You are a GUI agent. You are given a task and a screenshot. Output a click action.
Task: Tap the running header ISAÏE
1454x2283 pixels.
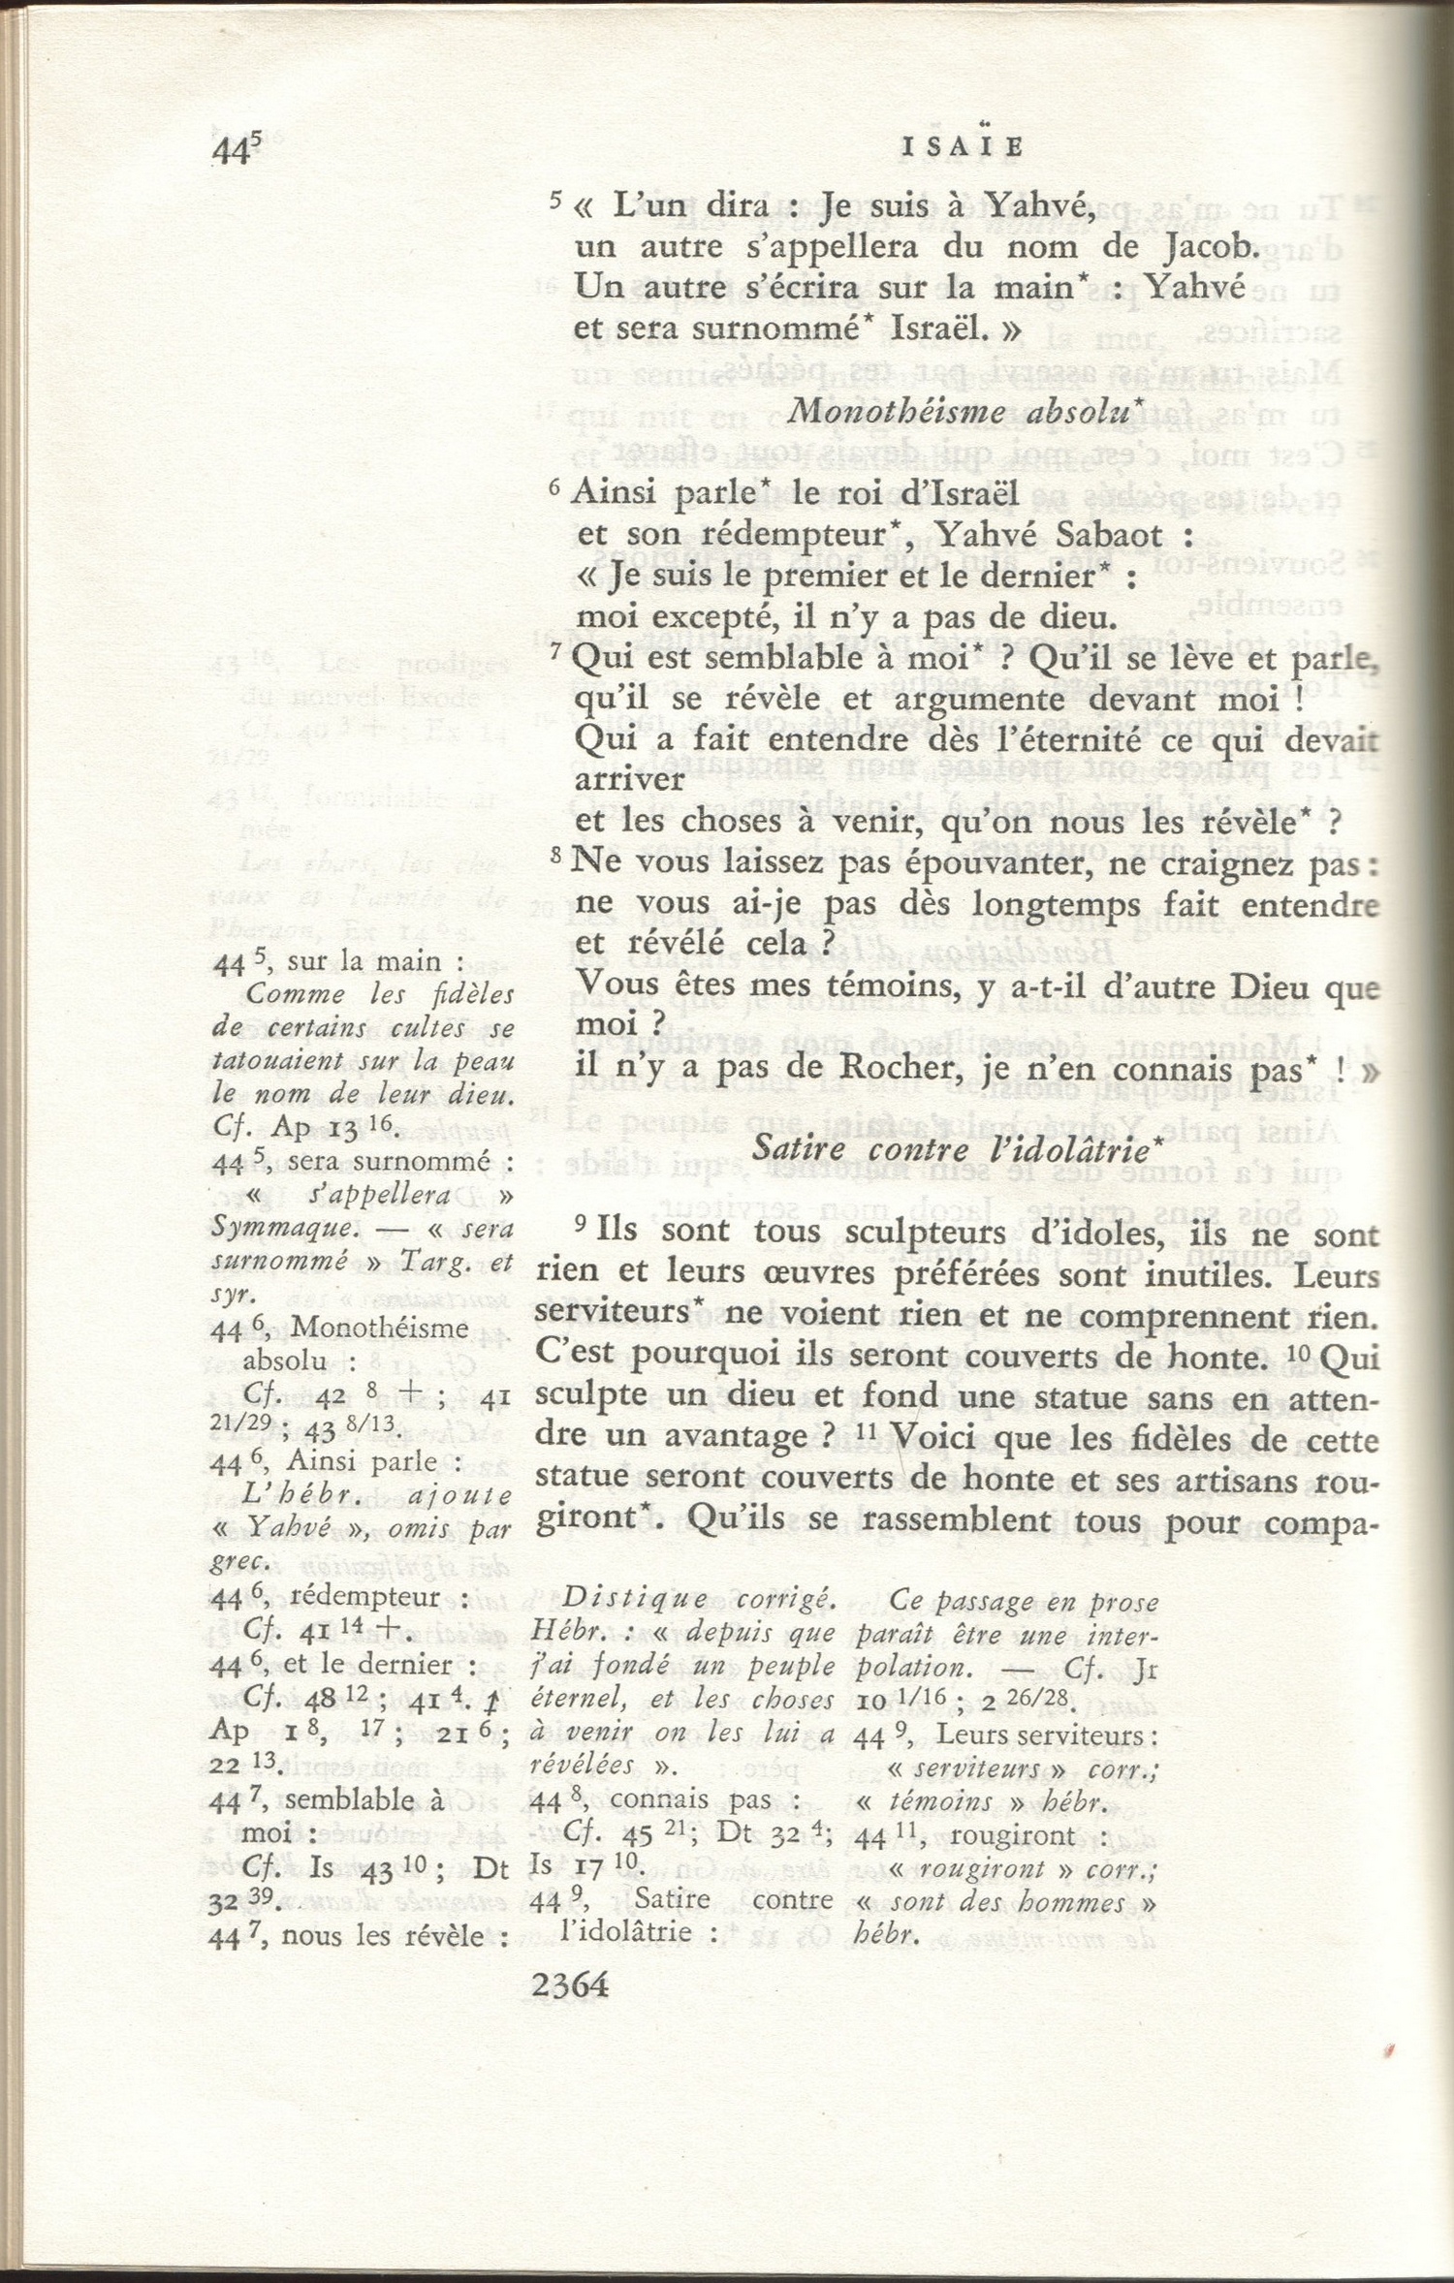point(963,147)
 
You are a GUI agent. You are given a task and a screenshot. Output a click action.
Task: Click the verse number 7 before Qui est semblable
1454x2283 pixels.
point(556,651)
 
